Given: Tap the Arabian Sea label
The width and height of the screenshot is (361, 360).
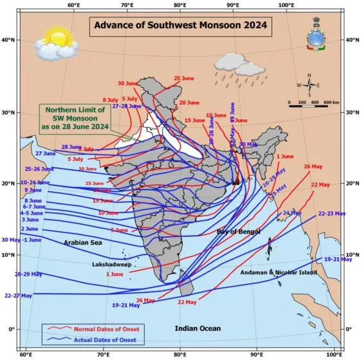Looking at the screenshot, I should tap(83, 242).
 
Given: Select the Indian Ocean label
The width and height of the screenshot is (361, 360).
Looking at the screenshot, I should tap(198, 328).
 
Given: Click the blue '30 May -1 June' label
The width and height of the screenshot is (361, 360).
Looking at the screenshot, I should tap(21, 240).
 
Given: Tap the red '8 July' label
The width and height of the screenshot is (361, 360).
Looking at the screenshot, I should tap(110, 100).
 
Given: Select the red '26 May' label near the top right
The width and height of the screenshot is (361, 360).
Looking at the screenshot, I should tap(313, 167).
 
